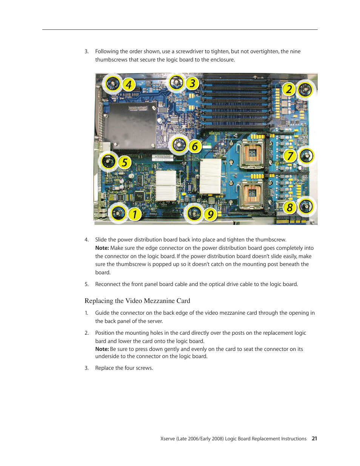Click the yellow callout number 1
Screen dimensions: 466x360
[x=134, y=214]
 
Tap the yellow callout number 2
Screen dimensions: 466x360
[x=289, y=89]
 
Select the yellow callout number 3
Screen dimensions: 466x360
[x=192, y=83]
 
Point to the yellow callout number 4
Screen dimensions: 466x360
[x=129, y=85]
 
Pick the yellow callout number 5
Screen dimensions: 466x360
[x=124, y=163]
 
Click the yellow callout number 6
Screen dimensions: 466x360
[x=195, y=146]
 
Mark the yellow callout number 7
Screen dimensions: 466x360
[x=290, y=156]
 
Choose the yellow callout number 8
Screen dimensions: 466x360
[x=289, y=207]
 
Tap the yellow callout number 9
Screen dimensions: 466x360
[x=210, y=214]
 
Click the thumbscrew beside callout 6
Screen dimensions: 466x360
[x=179, y=145]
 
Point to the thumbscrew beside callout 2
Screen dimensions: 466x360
[x=305, y=90]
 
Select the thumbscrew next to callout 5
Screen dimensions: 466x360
[x=109, y=161]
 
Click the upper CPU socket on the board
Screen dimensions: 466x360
[x=252, y=154]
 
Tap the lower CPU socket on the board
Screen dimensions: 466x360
[x=252, y=194]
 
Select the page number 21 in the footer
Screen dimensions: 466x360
[x=314, y=438]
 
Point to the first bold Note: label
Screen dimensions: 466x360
[x=102, y=248]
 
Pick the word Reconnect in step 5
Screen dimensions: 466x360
[x=107, y=284]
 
